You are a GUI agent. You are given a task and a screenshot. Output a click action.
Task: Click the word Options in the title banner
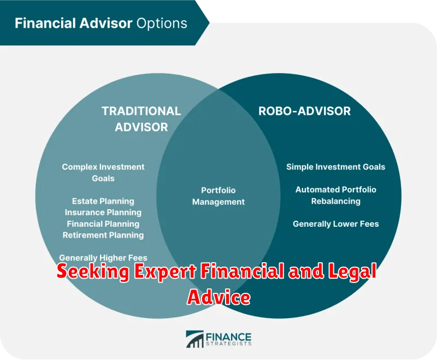[x=162, y=23]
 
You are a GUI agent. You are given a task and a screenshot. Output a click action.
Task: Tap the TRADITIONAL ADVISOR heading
[x=141, y=119]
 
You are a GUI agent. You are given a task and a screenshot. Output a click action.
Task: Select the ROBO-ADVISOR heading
[x=304, y=111]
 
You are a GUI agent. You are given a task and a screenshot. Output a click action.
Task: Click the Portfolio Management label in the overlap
[x=218, y=196]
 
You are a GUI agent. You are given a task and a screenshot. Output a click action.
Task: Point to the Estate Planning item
[x=103, y=201]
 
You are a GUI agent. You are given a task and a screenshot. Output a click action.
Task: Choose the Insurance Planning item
[x=103, y=213]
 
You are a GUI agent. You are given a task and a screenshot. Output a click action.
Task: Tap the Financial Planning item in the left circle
[x=103, y=224]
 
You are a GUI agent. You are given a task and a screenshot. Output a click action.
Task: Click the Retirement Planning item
[x=103, y=235]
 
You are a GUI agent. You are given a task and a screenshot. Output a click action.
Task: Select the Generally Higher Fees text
[x=103, y=258]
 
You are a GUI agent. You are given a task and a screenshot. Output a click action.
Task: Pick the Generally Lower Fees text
[x=336, y=224]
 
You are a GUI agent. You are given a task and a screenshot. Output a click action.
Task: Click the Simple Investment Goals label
[x=336, y=167]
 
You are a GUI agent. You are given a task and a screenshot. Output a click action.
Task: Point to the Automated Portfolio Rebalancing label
[x=336, y=196]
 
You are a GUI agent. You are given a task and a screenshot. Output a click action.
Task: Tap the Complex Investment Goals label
[x=103, y=173]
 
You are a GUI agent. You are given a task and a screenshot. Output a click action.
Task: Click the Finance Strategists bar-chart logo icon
[x=195, y=339]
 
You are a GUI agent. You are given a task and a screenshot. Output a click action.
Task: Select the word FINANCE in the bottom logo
[x=228, y=337]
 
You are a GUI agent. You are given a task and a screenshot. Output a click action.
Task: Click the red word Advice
[x=219, y=297]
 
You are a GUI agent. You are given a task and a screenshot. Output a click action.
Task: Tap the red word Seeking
[x=93, y=271]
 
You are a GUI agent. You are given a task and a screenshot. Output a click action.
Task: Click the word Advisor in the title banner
[x=105, y=23]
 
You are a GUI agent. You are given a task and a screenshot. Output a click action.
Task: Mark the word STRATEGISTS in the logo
[x=228, y=344]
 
